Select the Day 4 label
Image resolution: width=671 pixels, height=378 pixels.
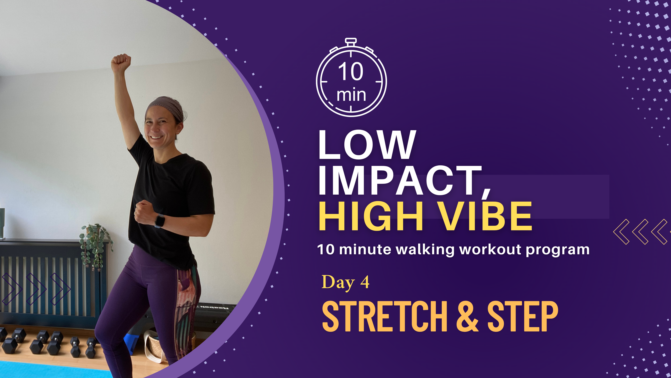pyautogui.click(x=345, y=282)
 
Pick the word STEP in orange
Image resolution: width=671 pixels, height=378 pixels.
pyautogui.click(x=522, y=316)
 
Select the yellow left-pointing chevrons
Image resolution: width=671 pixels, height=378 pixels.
pyautogui.click(x=641, y=232)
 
